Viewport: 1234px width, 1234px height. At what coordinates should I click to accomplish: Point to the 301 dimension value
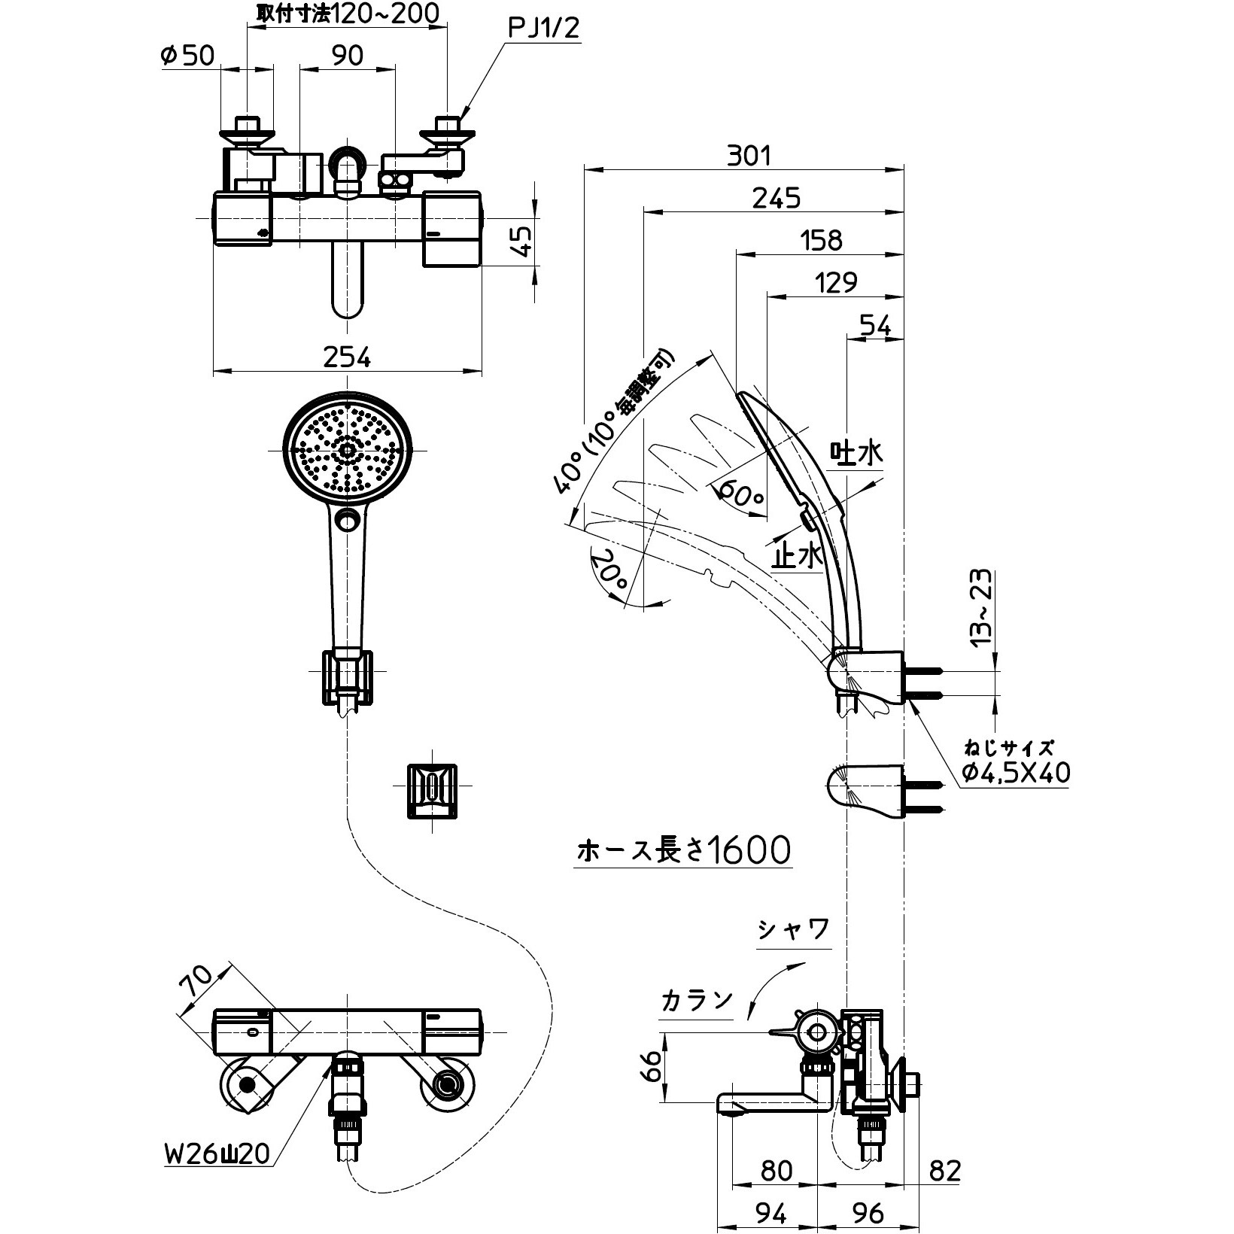coord(749,156)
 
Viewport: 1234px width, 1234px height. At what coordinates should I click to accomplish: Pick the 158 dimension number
coord(821,240)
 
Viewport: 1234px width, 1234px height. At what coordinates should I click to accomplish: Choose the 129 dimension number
coord(836,282)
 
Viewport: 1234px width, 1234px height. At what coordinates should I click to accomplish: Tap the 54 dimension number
coord(875,326)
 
